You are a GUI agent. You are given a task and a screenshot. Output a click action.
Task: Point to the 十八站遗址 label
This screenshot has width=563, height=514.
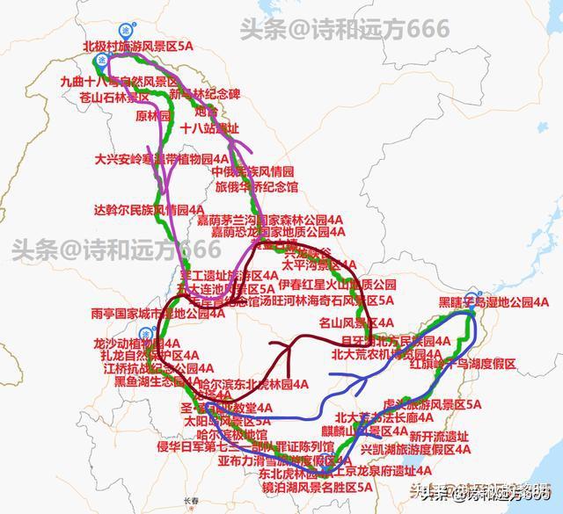(x=208, y=128)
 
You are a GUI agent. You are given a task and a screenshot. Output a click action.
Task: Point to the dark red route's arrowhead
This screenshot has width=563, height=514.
(x=288, y=349)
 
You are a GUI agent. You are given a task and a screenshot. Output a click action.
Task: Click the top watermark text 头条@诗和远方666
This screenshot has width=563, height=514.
(x=344, y=29)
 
